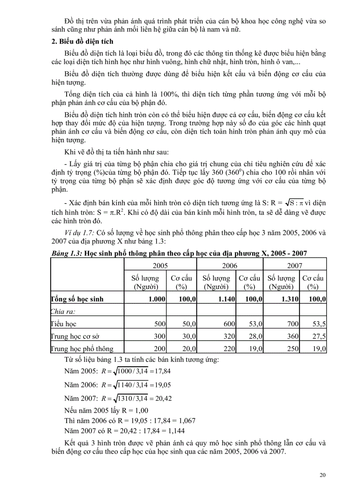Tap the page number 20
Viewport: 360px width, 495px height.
tap(322, 475)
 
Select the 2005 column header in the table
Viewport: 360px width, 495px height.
tap(160, 266)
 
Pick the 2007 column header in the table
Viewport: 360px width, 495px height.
tap(295, 266)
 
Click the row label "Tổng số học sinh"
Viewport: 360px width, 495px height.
tap(78, 299)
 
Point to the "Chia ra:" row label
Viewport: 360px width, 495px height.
tap(63, 311)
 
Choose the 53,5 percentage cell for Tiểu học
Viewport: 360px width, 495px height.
tap(319, 324)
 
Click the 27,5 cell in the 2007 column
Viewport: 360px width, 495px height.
tap(319, 336)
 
